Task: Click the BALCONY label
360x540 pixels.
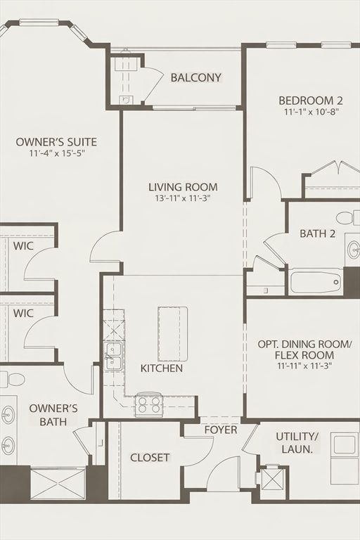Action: point(196,77)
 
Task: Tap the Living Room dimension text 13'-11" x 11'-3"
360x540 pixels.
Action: point(183,198)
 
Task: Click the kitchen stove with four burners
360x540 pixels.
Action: point(148,405)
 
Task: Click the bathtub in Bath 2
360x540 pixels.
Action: point(316,282)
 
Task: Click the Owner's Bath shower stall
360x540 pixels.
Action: point(58,483)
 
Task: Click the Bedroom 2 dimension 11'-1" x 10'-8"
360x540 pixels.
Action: point(311,112)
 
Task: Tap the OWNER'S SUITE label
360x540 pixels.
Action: point(56,142)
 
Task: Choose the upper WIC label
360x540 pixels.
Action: point(23,246)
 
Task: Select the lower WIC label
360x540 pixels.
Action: point(23,314)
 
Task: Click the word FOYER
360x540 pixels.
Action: point(221,430)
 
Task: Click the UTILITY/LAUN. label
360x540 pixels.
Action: point(297,443)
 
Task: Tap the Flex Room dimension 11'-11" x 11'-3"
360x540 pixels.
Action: point(304,366)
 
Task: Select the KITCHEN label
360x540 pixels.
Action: point(162,368)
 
